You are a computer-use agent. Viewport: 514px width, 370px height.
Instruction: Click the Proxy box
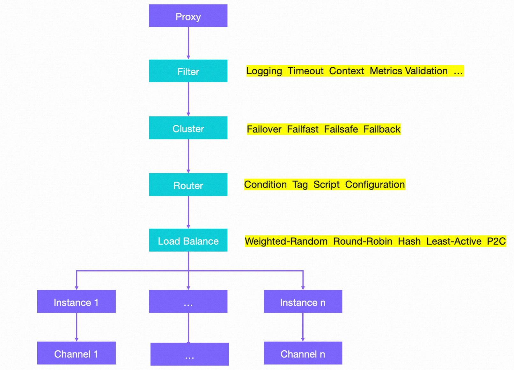188,16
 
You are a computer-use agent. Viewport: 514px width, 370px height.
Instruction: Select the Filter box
188,71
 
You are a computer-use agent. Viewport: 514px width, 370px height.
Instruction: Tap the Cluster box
188,128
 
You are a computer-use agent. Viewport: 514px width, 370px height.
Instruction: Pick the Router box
188,185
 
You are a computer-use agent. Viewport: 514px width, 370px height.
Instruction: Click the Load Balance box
188,241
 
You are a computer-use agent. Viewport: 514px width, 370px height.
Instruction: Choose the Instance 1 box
76,302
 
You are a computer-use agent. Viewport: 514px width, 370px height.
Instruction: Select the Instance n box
303,302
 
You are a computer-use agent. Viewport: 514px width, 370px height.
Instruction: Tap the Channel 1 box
76,353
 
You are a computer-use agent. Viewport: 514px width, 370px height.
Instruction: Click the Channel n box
303,353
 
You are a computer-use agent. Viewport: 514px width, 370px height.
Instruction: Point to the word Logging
264,71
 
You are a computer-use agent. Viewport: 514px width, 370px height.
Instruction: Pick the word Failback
382,129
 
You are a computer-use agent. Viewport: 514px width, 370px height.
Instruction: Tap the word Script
326,184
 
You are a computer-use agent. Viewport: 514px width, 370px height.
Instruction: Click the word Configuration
375,184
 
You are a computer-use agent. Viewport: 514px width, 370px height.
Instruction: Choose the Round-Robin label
363,241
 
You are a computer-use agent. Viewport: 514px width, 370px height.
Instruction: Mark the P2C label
496,241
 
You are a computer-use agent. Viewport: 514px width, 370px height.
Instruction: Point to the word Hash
409,241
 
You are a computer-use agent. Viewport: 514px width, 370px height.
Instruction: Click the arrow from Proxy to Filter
188,43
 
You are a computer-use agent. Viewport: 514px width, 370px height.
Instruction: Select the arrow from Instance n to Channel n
303,327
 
